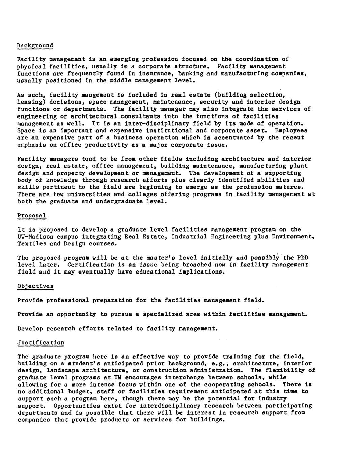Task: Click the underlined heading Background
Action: [x=35, y=45]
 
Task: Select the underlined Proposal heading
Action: [x=32, y=215]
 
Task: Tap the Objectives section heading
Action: [x=35, y=286]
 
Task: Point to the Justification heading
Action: [x=40, y=343]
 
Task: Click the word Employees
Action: [x=291, y=130]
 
